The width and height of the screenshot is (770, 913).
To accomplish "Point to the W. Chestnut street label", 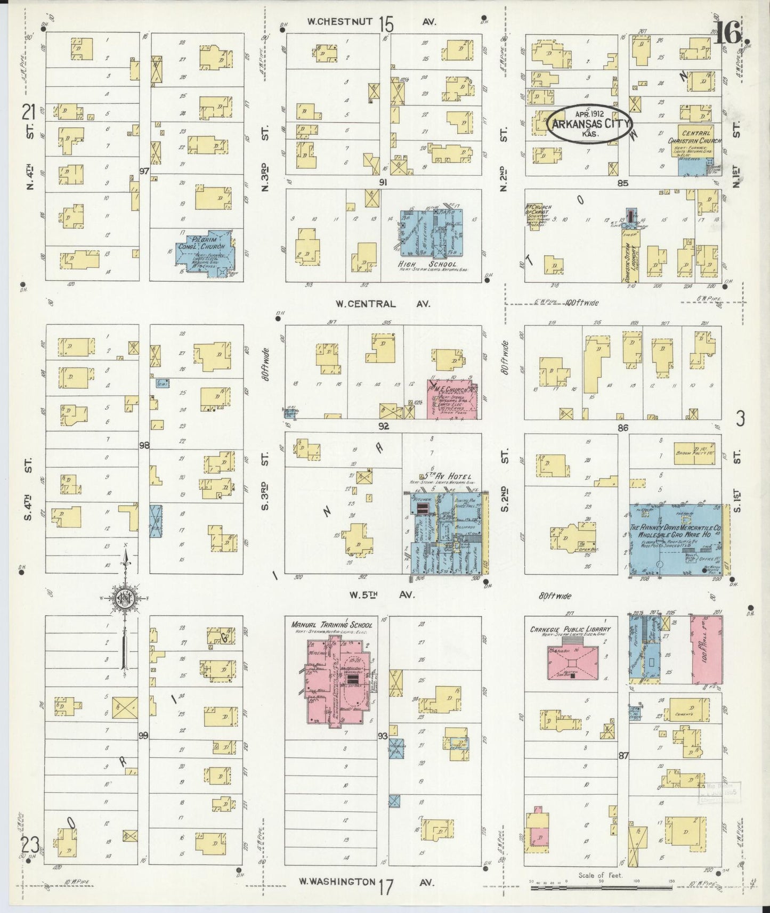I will click(341, 22).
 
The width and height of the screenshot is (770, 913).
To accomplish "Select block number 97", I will click(143, 171).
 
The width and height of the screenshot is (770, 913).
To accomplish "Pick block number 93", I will click(382, 737).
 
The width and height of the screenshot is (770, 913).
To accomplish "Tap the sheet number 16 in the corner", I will click(727, 35).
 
